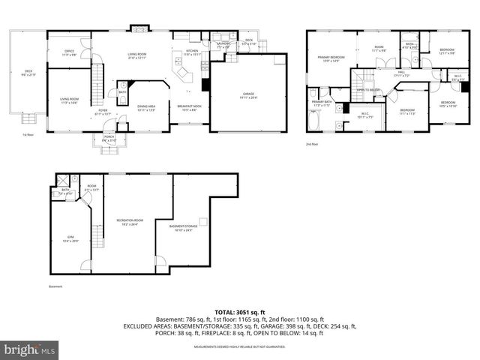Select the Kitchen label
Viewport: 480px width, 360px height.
pyautogui.click(x=193, y=52)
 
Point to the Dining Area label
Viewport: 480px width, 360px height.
pyautogui.click(x=146, y=108)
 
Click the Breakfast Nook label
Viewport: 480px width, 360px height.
pyautogui.click(x=189, y=108)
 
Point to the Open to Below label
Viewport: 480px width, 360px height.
pyautogui.click(x=368, y=89)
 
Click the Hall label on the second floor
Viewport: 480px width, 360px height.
pyautogui.click(x=401, y=73)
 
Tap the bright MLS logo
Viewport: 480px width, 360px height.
pyautogui.click(x=30, y=349)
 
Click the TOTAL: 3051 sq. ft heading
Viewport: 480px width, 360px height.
pyautogui.click(x=239, y=311)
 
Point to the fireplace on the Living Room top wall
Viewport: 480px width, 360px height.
pyautogui.click(x=139, y=28)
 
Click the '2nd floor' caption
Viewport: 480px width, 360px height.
pyautogui.click(x=312, y=142)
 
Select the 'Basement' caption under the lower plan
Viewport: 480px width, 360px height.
pyautogui.click(x=55, y=286)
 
